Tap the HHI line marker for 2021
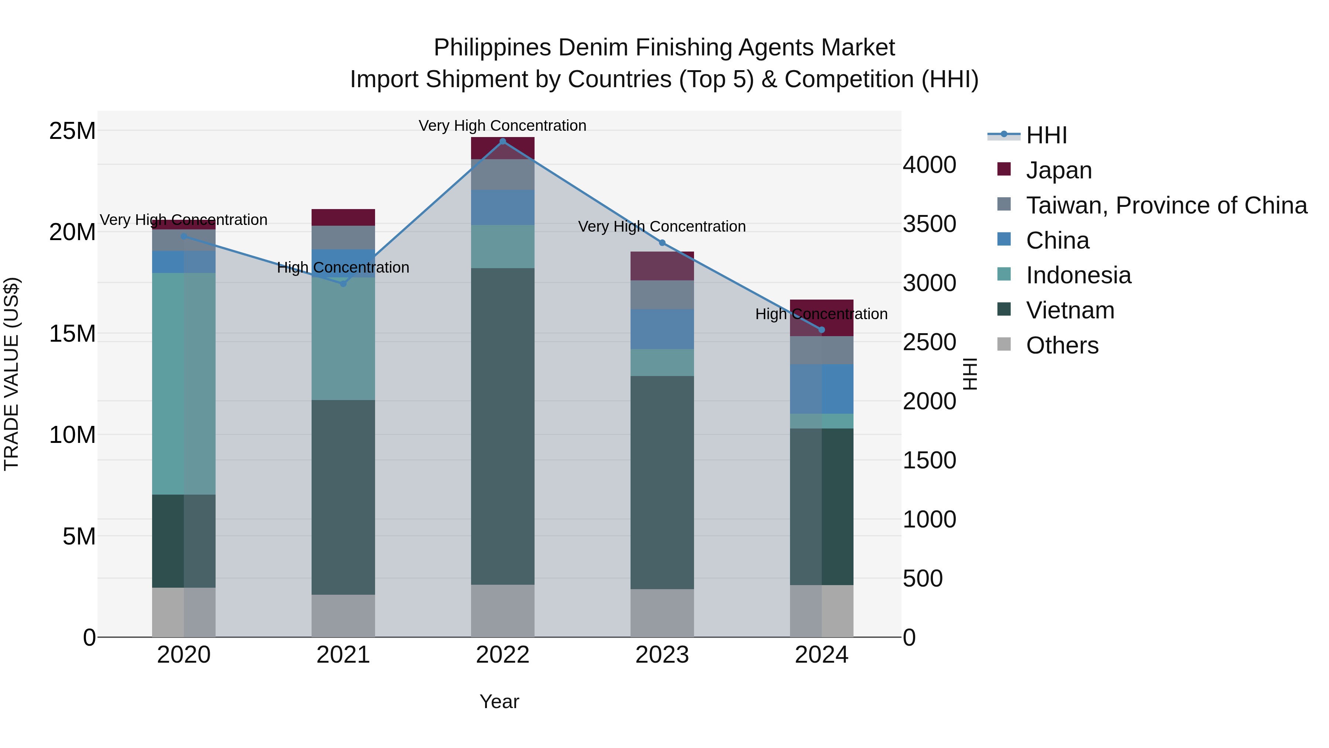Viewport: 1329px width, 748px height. pyautogui.click(x=343, y=283)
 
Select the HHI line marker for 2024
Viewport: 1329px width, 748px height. pyautogui.click(x=821, y=330)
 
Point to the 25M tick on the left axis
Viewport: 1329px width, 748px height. pyautogui.click(x=72, y=131)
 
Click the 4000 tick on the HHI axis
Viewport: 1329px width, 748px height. pyautogui.click(x=929, y=165)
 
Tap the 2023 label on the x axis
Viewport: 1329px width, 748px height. pyautogui.click(x=662, y=655)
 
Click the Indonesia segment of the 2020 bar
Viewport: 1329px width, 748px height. pyautogui.click(x=184, y=383)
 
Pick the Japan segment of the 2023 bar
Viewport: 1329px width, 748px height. pyautogui.click(x=662, y=266)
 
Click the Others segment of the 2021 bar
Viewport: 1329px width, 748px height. pyautogui.click(x=343, y=615)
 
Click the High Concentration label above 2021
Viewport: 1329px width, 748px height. pyautogui.click(x=343, y=267)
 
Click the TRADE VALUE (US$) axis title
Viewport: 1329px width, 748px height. pyautogui.click(x=11, y=374)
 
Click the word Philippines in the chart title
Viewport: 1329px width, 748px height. pyautogui.click(x=492, y=48)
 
